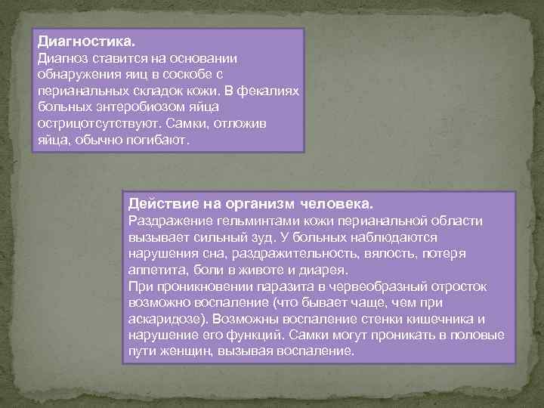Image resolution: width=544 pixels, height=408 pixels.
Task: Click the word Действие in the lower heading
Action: pos(162,204)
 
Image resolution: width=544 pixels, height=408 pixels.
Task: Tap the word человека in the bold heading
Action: pos(336,204)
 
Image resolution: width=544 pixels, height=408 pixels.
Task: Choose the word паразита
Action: pos(274,286)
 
